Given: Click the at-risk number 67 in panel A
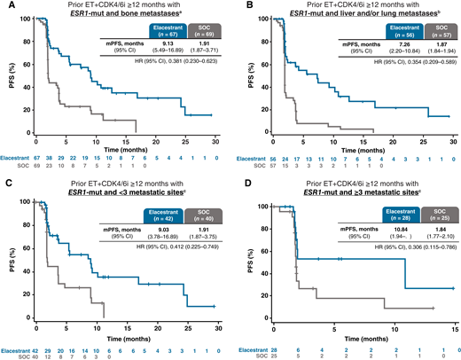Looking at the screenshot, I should point(37,162).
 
